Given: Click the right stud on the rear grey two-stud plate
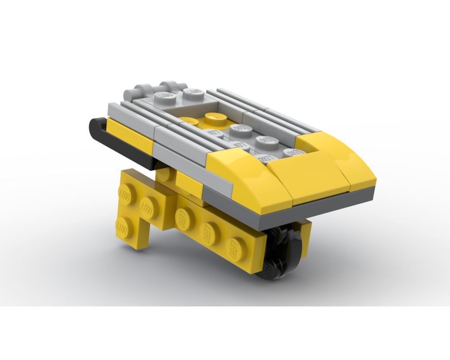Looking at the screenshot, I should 193,93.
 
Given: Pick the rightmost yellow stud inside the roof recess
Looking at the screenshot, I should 216,116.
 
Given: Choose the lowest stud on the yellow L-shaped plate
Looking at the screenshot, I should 124,227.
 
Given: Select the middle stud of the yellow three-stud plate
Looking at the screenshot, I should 210,232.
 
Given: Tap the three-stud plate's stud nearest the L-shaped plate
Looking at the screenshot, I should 182,219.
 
